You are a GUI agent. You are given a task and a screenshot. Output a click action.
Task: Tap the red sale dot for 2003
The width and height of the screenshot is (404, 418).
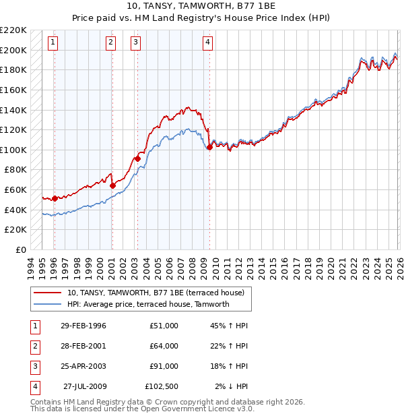(x=137, y=159)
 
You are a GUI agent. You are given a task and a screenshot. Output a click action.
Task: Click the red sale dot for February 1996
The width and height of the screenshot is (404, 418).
(x=54, y=198)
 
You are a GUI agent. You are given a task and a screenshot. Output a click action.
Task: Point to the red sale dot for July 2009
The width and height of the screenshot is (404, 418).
(x=209, y=147)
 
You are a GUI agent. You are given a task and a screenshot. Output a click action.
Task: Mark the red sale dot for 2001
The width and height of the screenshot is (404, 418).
(x=112, y=185)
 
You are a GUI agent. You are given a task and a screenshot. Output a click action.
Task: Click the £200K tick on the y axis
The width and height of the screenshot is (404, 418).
(x=14, y=50)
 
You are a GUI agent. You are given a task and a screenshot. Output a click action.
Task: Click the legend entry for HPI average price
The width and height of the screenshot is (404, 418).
(x=148, y=304)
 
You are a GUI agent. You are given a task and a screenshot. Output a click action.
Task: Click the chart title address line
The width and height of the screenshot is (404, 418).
(x=202, y=7)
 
